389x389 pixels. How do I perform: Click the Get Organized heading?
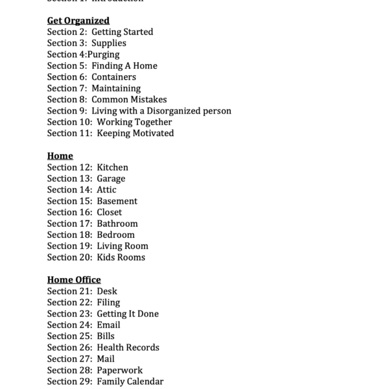tap(78, 21)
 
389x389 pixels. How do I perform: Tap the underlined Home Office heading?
tap(74, 280)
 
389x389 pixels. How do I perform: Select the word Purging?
tap(104, 54)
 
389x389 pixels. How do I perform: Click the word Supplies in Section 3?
tap(109, 43)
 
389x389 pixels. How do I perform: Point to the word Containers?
tap(113, 77)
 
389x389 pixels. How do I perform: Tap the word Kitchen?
tap(113, 167)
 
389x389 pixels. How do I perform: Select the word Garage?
tap(111, 178)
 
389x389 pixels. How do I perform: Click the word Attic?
tap(107, 190)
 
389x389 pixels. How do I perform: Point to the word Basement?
tap(117, 201)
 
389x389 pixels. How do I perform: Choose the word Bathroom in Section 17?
tap(117, 224)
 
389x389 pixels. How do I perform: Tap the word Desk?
tap(107, 291)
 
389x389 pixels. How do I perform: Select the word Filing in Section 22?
tap(108, 303)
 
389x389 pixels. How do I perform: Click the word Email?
tap(108, 325)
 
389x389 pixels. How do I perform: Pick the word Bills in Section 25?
tap(106, 336)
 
